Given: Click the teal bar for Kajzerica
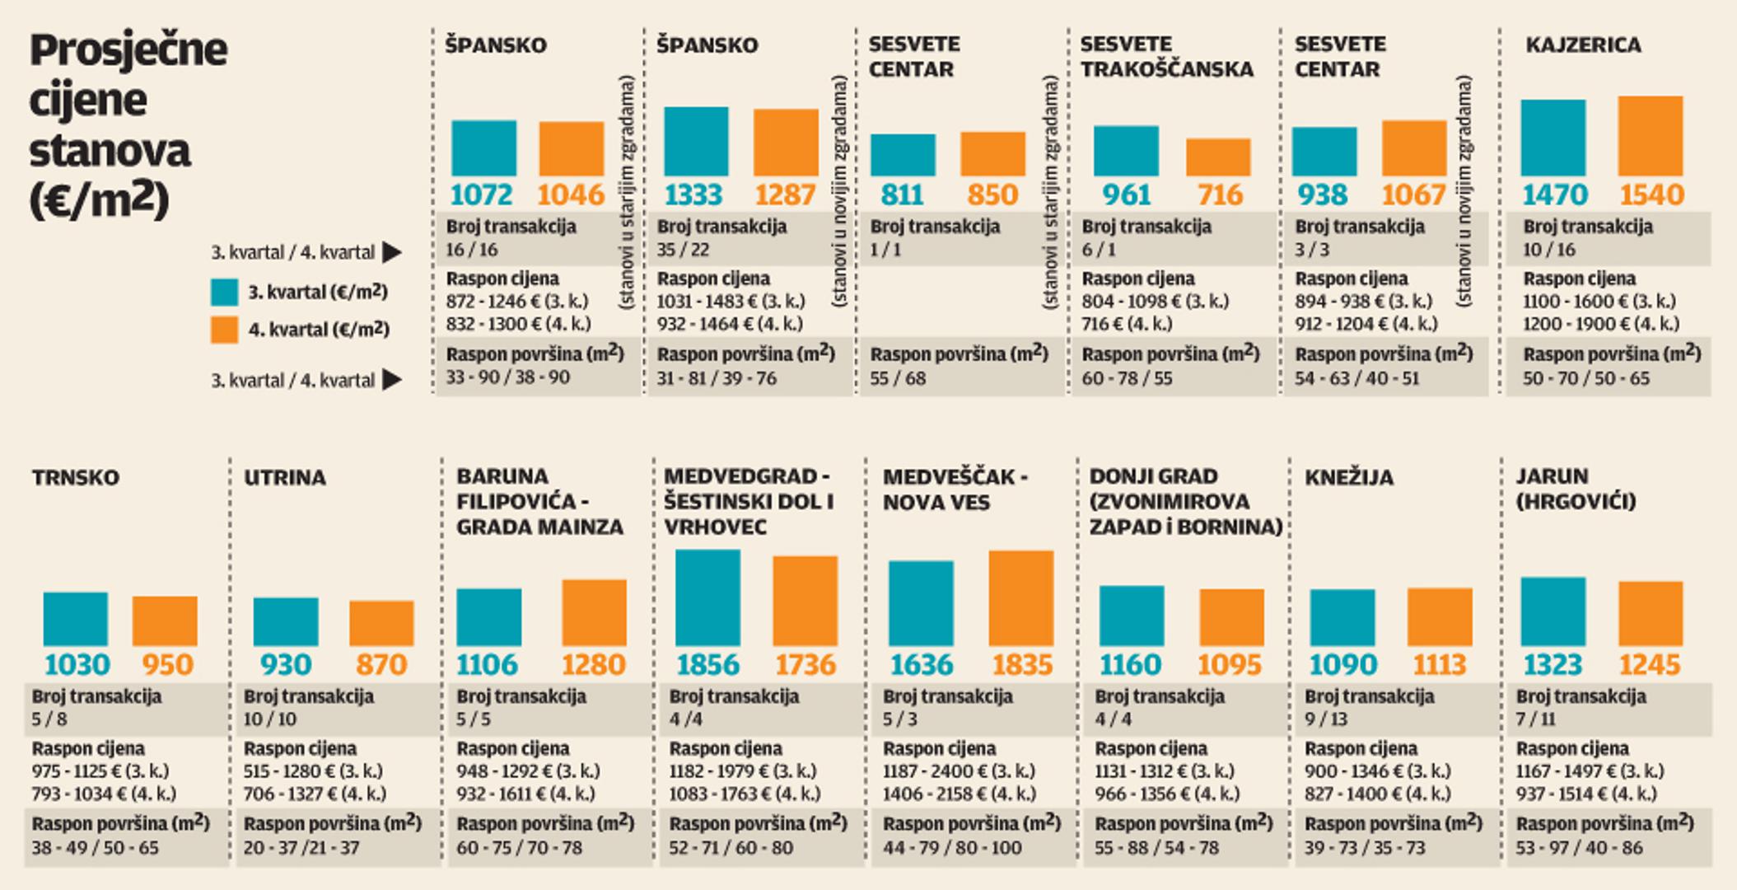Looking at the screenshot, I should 1553,138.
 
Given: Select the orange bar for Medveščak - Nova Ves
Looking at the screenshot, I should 1020,597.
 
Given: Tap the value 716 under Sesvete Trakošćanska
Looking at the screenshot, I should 1219,195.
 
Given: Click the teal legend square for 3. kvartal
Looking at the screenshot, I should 224,292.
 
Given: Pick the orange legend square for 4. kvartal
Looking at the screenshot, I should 224,330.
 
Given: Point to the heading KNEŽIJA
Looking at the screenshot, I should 1348,478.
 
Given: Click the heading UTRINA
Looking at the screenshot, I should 284,478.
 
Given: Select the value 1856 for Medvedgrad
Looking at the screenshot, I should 707,665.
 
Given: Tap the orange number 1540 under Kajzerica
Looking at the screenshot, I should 1651,195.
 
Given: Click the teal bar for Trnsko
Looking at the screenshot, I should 75,618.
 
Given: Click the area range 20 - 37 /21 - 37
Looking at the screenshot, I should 301,847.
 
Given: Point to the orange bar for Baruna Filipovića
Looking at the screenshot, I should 594,612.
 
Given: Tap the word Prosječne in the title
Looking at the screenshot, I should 128,51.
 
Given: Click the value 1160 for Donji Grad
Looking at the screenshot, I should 1130,665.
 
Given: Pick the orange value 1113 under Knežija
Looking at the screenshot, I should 1439,665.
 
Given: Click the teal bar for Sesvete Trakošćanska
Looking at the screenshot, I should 1126,151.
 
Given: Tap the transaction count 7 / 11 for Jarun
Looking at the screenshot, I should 1535,719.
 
